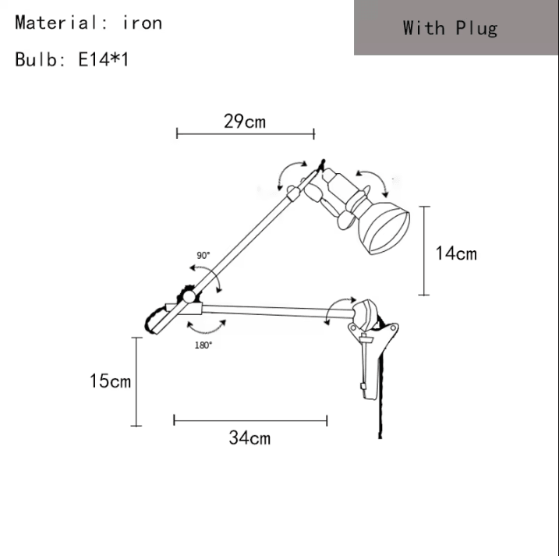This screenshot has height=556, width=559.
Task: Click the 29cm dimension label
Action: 245,121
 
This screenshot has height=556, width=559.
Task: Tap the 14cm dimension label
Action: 456,253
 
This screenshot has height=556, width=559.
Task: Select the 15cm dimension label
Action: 110,381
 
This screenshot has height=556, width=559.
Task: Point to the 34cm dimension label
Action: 249,437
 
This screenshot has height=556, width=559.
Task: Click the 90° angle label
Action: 203,255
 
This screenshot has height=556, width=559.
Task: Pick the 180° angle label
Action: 203,345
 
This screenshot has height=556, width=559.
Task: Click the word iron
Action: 142,23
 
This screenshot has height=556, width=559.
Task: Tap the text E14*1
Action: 103,59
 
